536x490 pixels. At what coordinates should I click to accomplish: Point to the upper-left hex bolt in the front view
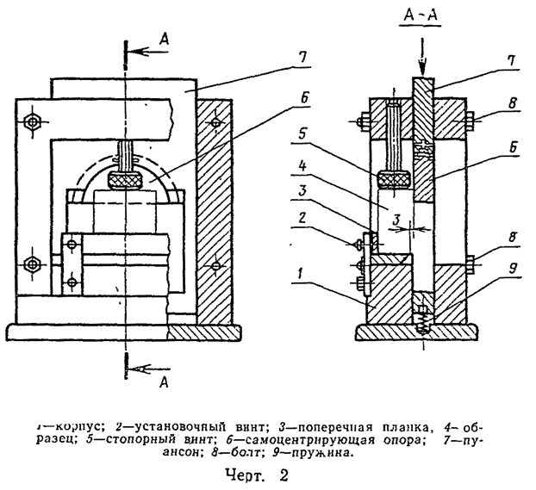[x=32, y=122]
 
